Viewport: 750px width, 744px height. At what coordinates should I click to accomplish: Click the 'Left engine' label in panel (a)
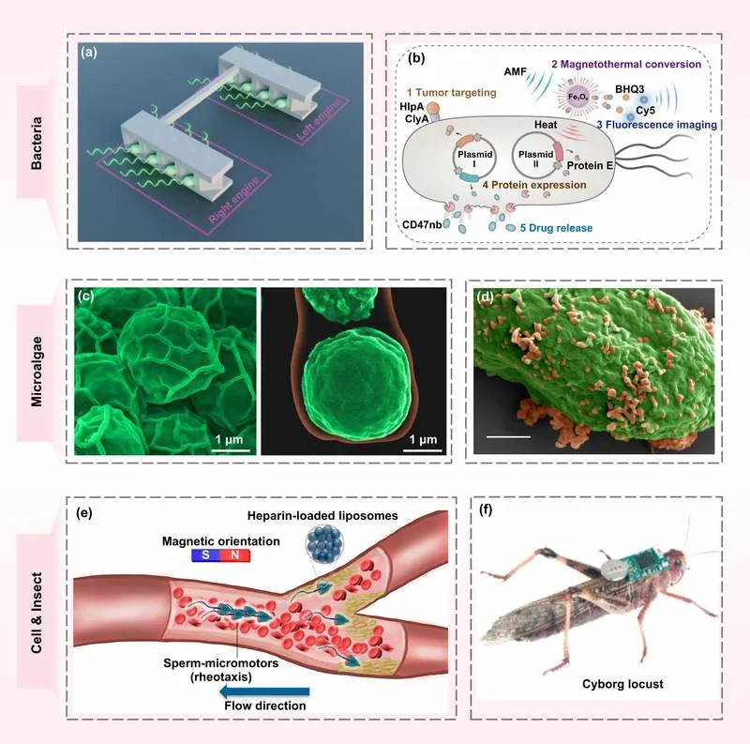[x=320, y=120]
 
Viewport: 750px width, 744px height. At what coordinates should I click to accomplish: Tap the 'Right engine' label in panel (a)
[x=233, y=200]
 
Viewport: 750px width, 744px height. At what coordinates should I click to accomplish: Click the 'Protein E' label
[x=590, y=166]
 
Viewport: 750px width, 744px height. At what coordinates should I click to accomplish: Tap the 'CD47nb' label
[x=422, y=224]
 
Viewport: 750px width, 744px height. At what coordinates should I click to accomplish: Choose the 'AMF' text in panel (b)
[x=515, y=72]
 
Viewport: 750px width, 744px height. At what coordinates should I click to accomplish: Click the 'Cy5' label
[x=645, y=111]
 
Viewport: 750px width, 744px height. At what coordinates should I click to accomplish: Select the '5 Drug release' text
[x=556, y=228]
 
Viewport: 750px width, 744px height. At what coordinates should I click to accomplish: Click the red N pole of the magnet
[x=235, y=555]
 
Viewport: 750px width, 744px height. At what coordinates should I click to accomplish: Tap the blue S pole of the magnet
[x=205, y=555]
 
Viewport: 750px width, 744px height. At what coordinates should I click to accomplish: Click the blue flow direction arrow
[x=264, y=691]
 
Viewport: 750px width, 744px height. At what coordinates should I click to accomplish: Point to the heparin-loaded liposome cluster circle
[x=323, y=545]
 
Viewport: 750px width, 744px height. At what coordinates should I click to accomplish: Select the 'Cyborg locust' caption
[x=622, y=684]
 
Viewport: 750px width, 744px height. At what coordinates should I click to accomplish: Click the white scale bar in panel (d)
[x=508, y=436]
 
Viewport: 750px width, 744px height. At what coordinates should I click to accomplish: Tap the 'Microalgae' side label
[x=37, y=372]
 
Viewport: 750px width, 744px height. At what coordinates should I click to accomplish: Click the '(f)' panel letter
[x=486, y=510]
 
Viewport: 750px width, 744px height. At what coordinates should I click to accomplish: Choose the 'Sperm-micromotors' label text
[x=221, y=663]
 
